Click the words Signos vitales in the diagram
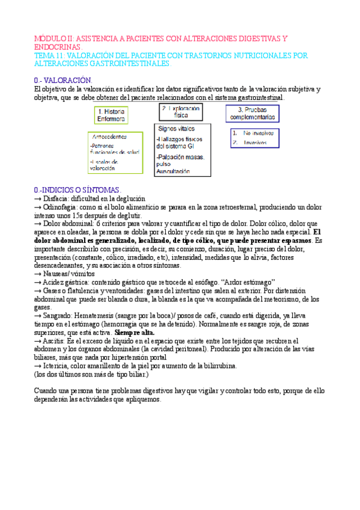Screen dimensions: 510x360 [x=176, y=128]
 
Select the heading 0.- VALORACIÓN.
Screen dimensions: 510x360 [x=63, y=80]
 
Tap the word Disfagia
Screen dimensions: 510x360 [x=55, y=198]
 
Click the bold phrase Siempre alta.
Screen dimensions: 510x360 [x=135, y=333]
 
